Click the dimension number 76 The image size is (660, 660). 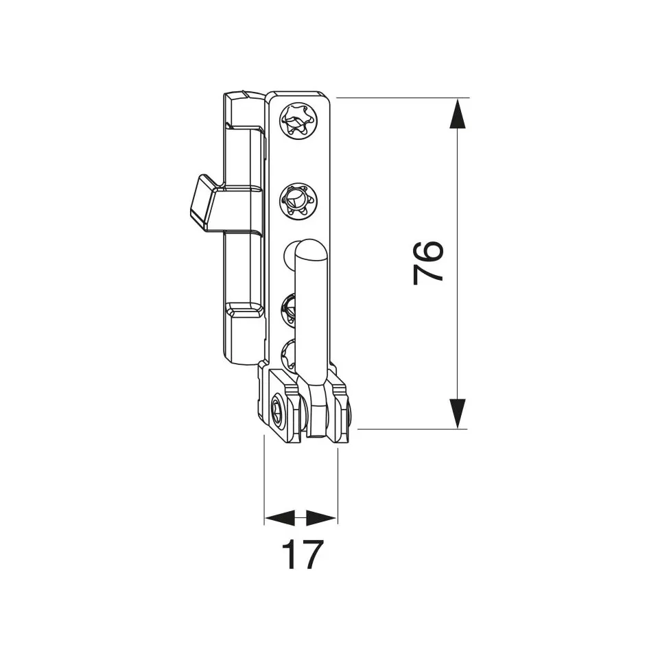click(429, 262)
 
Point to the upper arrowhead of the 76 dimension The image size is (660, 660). click(458, 113)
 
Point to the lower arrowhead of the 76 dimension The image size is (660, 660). click(458, 414)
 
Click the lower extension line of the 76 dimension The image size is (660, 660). click(412, 429)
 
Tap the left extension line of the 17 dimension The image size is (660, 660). click(265, 480)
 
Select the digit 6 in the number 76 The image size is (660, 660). click(429, 250)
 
